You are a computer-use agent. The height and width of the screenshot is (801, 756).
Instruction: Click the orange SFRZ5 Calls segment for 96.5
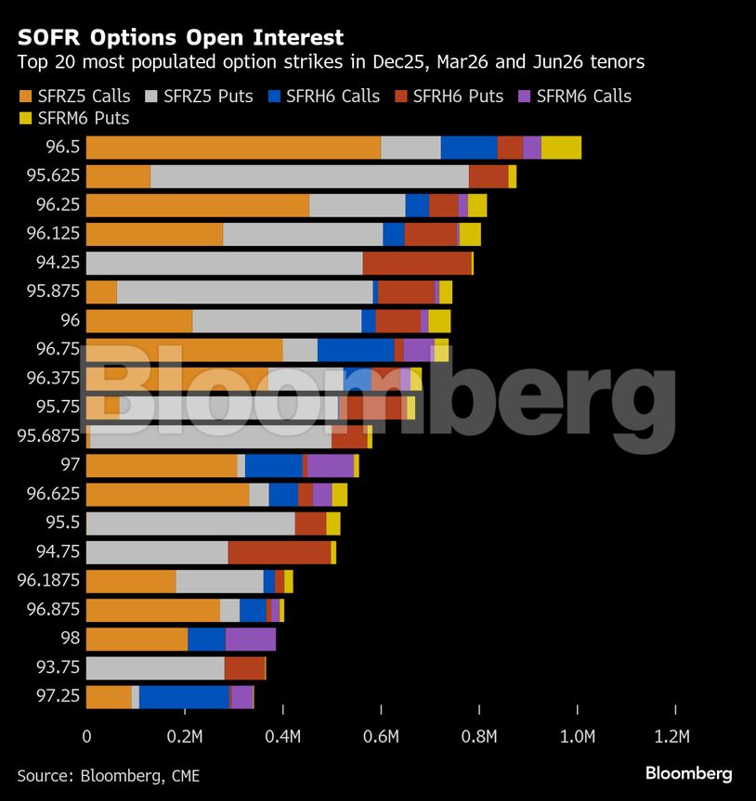[232, 148]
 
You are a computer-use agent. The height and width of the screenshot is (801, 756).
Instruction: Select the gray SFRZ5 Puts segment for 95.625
[309, 176]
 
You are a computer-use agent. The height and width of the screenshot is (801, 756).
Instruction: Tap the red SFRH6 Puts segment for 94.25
[417, 263]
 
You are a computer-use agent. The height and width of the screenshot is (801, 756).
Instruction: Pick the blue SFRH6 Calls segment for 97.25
[184, 696]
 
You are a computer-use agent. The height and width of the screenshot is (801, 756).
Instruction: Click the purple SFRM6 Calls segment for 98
[250, 639]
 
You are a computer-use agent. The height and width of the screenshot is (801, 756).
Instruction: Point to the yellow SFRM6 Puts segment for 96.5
[561, 148]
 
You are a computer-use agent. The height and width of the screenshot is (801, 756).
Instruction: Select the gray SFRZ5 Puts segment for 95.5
[190, 523]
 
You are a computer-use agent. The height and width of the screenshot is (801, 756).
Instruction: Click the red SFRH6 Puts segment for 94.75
[280, 552]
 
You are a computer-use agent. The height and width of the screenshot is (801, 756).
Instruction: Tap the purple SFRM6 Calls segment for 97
[330, 466]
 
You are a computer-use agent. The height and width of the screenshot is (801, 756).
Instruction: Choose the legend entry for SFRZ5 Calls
[74, 97]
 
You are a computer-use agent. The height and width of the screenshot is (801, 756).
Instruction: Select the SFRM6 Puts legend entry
[74, 118]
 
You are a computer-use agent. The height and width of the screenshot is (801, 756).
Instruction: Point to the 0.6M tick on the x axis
[381, 737]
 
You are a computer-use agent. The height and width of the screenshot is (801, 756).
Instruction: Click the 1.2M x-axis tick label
[672, 737]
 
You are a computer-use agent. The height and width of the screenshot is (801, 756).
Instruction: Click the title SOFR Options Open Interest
[180, 38]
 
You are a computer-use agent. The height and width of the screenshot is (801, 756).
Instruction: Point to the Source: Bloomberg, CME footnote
[108, 775]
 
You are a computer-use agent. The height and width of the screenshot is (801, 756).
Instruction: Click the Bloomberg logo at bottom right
[688, 773]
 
